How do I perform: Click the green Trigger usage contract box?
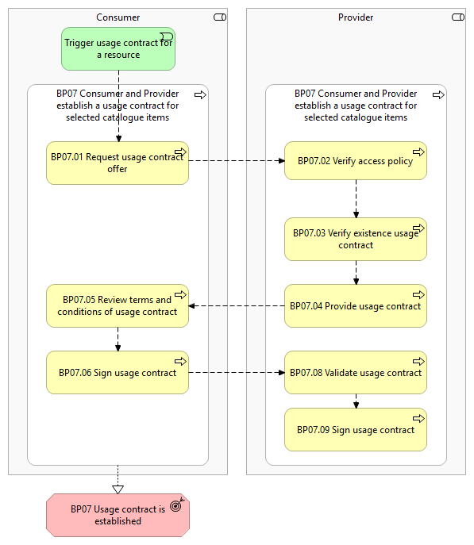[118, 49]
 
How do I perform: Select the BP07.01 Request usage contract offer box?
[118, 163]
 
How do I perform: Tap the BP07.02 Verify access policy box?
[356, 160]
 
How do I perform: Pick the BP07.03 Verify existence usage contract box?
[356, 239]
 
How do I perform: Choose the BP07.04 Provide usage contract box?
[356, 306]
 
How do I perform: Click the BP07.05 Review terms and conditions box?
[118, 306]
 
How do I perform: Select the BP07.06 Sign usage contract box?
[118, 373]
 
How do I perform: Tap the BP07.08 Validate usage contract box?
[356, 373]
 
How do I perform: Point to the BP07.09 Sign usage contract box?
[356, 430]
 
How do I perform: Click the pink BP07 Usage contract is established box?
[118, 515]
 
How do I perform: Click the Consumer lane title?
[118, 17]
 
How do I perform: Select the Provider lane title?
[356, 17]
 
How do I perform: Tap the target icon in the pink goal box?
[177, 505]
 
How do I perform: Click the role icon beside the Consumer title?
[220, 17]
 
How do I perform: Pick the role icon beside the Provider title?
[458, 17]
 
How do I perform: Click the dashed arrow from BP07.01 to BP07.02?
[237, 160]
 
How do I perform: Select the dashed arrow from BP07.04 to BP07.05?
[237, 306]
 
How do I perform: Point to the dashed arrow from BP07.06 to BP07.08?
[237, 373]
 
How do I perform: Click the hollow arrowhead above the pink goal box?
[118, 489]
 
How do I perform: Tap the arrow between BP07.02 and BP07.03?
[356, 199]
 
